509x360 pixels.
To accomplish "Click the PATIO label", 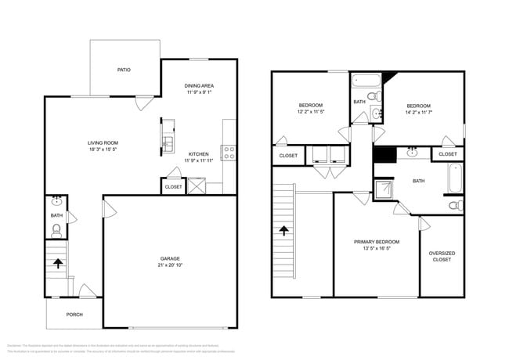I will click(x=124, y=70).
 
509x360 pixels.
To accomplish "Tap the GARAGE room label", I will click(x=170, y=257).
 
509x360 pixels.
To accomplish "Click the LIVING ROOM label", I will click(x=102, y=142).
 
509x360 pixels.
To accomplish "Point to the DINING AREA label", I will click(x=199, y=85).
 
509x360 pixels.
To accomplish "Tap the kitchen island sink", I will click(x=167, y=143).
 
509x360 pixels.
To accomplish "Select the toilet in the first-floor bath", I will click(x=56, y=230).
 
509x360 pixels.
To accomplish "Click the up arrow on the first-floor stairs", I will click(x=57, y=264).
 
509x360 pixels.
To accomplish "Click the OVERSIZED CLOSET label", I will click(x=442, y=256).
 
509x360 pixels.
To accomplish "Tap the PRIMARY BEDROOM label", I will click(x=377, y=242).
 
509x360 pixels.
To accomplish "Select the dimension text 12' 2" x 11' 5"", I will click(x=310, y=112).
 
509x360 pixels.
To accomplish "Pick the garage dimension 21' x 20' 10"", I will click(x=170, y=265).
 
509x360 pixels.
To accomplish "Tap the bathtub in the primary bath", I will click(x=456, y=178).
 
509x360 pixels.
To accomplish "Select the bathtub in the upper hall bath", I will click(x=364, y=80).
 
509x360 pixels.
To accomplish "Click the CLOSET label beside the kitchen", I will click(x=173, y=187).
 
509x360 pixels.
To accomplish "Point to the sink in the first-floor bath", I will click(x=56, y=200).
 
